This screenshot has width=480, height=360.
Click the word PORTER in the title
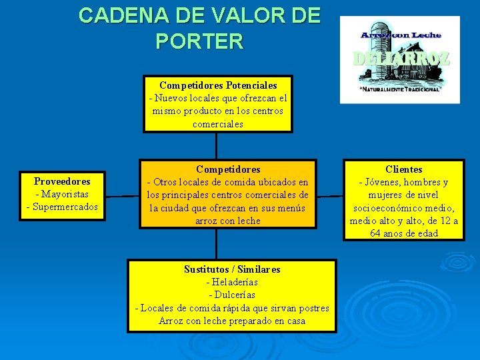199,41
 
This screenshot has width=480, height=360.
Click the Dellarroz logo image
399,59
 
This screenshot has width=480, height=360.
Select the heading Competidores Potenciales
218,85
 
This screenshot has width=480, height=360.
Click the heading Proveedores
62,181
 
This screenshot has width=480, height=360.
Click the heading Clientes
404,169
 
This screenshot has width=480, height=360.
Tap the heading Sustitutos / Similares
232,269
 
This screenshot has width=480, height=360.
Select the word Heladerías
235,282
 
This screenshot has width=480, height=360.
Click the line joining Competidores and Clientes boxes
330,197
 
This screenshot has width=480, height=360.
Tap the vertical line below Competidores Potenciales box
216,145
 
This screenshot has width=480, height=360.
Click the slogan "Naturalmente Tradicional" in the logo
399,89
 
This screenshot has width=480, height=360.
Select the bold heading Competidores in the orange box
228,169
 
